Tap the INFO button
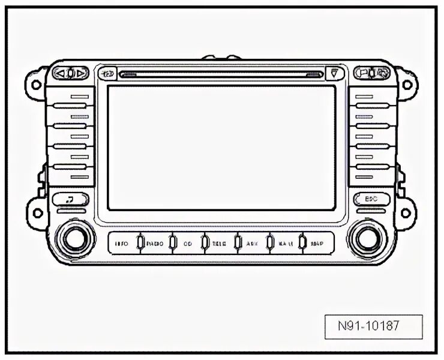pyautogui.click(x=122, y=244)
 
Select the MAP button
pyautogui.click(x=317, y=244)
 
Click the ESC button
pyautogui.click(x=369, y=199)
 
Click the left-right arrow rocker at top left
pyautogui.click(x=71, y=74)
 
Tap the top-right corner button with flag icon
pyautogui.click(x=373, y=74)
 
